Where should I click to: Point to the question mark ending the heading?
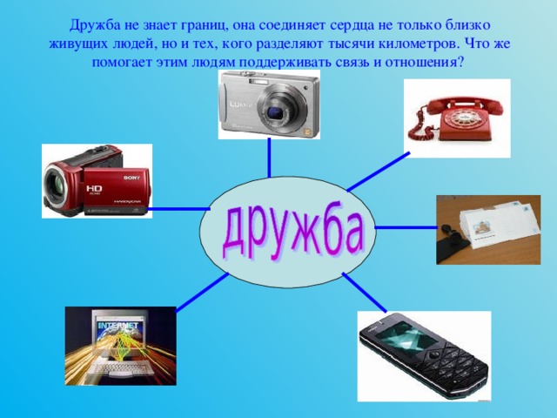(x=461, y=63)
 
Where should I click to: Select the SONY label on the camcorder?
(x=131, y=178)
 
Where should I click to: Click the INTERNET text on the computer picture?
(x=118, y=327)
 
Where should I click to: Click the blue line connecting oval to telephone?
(x=378, y=171)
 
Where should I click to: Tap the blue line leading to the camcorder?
(x=178, y=209)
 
